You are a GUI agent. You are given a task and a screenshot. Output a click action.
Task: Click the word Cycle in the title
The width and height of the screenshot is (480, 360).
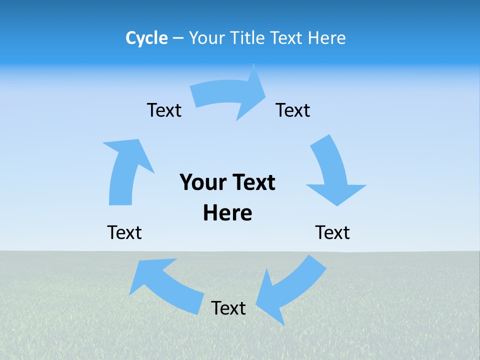[x=146, y=38]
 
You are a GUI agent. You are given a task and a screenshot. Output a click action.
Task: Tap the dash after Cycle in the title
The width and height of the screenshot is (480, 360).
[x=178, y=38]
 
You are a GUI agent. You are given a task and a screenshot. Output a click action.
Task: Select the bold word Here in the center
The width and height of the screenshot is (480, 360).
[x=227, y=213]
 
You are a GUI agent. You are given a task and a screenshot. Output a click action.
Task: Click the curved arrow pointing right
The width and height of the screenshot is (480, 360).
[x=227, y=95]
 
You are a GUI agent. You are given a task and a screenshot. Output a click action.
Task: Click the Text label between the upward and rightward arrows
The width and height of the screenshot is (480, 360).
[x=164, y=110]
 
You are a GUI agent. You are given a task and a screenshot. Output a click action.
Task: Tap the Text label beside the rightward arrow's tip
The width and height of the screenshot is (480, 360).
[x=293, y=110]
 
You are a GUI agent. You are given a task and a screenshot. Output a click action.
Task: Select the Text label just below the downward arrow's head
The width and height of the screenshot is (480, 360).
[x=332, y=232]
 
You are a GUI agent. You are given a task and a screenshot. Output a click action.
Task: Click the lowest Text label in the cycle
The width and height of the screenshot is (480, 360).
[x=228, y=308]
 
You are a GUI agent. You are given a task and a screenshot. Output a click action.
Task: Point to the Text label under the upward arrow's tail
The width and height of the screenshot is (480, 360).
[x=124, y=232]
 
